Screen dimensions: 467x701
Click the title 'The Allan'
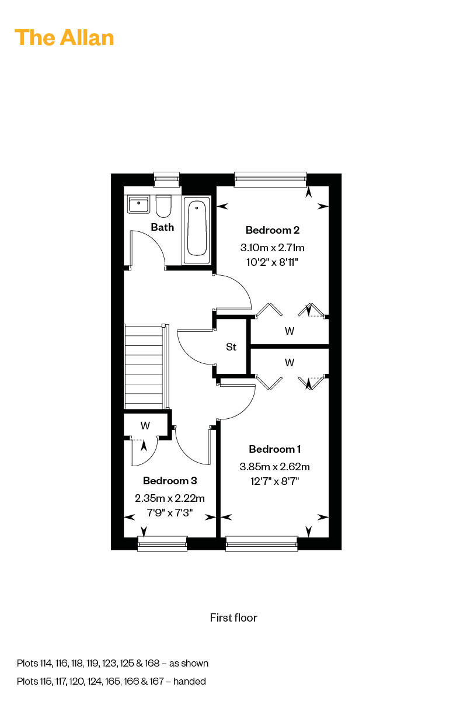tap(64, 38)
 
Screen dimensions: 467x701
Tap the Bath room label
tap(162, 227)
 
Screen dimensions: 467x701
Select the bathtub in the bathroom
tap(197, 230)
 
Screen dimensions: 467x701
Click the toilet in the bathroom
tap(163, 206)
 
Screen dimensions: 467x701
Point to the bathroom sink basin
tap(138, 204)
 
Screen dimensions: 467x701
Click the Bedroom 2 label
tap(273, 230)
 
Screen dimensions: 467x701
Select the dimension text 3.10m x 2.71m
tap(272, 248)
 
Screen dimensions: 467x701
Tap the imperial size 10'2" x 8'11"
tap(272, 262)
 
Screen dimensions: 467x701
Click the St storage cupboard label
tap(231, 347)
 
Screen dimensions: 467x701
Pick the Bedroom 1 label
tap(274, 449)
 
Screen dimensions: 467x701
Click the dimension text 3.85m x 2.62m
tap(274, 467)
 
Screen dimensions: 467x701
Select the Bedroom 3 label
tap(170, 480)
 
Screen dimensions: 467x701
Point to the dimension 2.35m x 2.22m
tap(170, 498)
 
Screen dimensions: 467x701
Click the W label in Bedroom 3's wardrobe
tap(145, 426)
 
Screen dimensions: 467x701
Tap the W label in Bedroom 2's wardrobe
tap(290, 331)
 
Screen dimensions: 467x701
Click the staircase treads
tap(144, 367)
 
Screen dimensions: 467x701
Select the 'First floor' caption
tap(233, 617)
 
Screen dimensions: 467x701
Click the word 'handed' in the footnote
tap(190, 681)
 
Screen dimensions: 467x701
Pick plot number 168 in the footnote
tap(152, 663)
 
